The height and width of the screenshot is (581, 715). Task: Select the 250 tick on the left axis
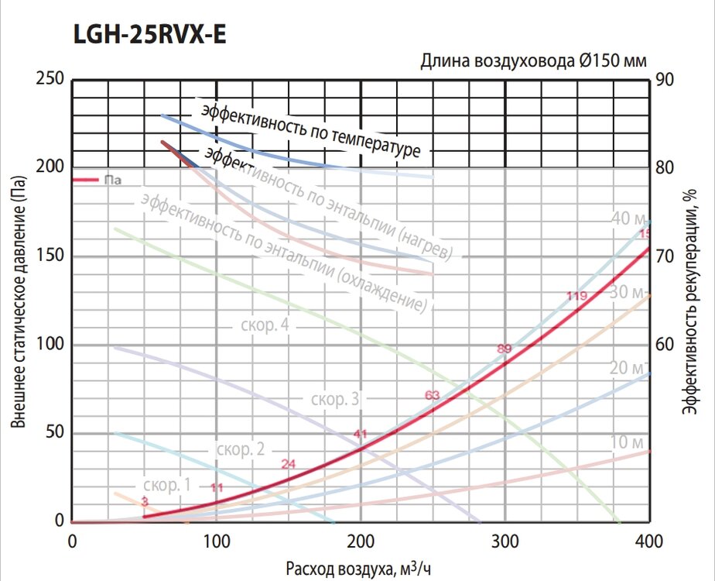click(51, 79)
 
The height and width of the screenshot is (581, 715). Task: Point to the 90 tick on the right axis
click(667, 79)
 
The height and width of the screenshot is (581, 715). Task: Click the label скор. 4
click(265, 325)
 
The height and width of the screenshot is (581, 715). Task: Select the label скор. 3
click(334, 400)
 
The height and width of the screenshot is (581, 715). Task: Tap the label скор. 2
click(241, 449)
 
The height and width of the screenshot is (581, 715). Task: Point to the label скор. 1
click(166, 485)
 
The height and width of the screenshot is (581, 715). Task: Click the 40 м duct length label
click(628, 218)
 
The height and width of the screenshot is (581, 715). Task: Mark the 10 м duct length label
click(628, 443)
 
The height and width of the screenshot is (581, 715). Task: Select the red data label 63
click(433, 395)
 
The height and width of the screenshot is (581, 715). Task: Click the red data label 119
click(576, 296)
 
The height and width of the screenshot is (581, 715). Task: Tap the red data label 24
click(289, 464)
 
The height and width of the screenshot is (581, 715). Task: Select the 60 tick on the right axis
click(667, 344)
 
